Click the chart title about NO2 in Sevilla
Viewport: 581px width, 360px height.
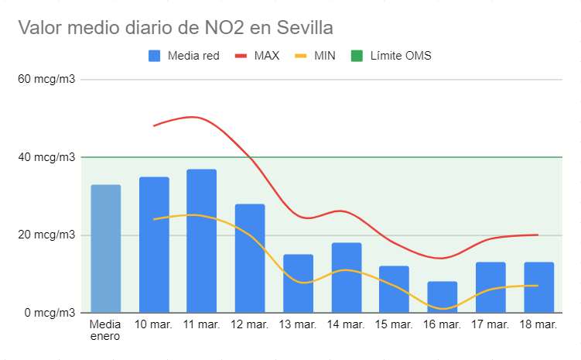176,29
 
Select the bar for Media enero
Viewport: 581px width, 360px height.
106,248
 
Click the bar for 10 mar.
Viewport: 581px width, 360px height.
154,245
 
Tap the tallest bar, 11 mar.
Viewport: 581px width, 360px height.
202,241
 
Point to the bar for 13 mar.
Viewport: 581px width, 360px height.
298,283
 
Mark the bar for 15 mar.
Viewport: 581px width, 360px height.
394,289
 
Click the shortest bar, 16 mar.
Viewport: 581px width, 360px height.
442,297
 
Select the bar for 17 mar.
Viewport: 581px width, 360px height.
490,287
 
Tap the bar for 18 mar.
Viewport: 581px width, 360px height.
538,287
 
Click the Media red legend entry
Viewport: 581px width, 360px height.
185,56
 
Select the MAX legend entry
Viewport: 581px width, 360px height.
257,56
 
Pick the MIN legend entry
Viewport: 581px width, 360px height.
315,56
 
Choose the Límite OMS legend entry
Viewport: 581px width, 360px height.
391,56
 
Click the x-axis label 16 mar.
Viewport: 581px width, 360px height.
442,324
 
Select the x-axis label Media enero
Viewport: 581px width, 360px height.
106,331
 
